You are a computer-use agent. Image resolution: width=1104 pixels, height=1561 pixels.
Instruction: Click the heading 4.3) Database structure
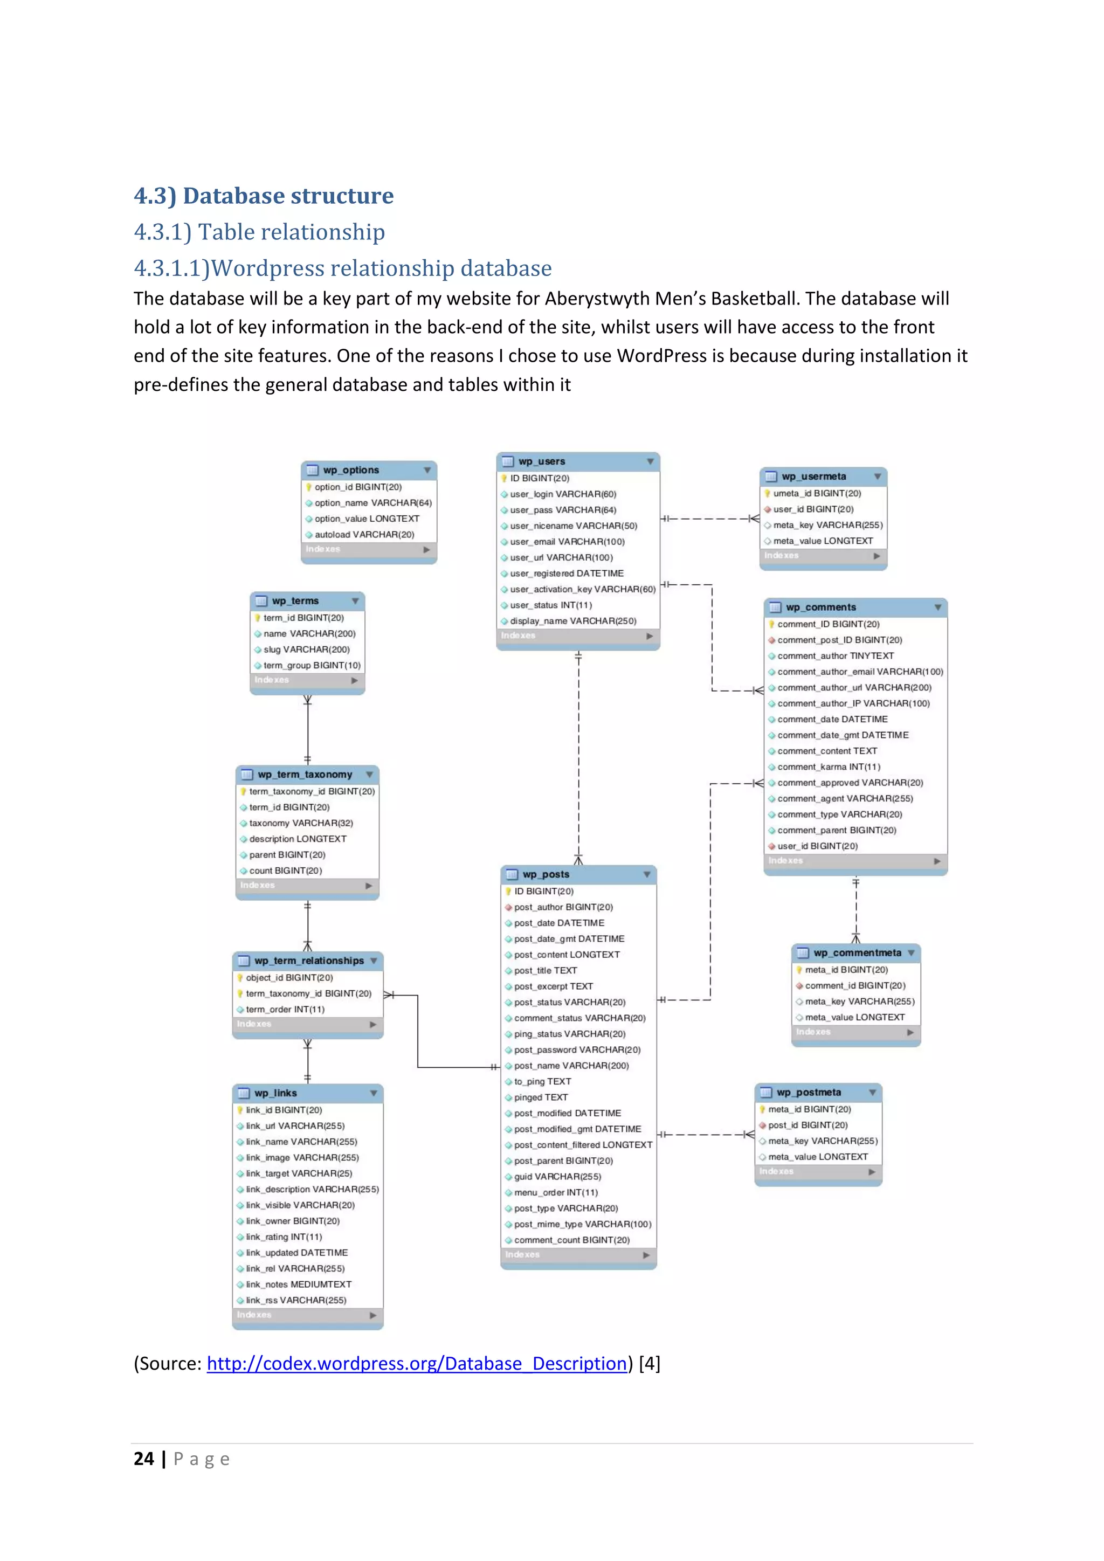pos(264,196)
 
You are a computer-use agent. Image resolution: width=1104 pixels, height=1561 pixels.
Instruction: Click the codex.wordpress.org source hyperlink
pos(416,1363)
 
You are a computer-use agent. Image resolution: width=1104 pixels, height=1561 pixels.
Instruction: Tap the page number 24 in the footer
pos(143,1459)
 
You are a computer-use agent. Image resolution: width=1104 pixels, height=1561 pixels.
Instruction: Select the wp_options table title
pos(351,470)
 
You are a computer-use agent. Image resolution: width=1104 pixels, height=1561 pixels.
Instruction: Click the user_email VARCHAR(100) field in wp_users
pos(567,542)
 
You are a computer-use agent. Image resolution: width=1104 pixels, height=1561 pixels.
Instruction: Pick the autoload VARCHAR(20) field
pos(364,534)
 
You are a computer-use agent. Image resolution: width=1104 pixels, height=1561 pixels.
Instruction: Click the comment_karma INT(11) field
pos(828,767)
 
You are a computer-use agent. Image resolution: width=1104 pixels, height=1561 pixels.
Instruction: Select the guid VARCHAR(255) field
pos(557,1177)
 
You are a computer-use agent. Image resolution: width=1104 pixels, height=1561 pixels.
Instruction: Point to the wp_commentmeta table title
pos(857,953)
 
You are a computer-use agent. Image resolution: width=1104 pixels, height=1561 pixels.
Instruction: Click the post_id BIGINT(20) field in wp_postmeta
pos(808,1125)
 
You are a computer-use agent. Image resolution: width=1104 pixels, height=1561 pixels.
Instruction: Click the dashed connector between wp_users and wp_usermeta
pos(710,519)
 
